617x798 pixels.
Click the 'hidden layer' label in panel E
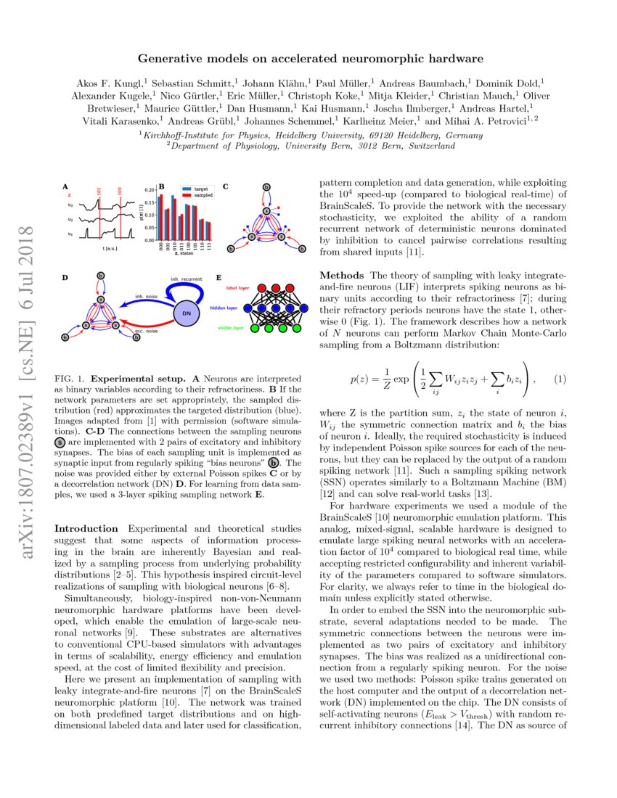pyautogui.click(x=228, y=308)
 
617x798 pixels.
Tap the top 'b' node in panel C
pyautogui.click(x=266, y=187)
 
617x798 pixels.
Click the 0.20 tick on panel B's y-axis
pyautogui.click(x=150, y=189)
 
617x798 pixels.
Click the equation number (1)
pyautogui.click(x=560, y=379)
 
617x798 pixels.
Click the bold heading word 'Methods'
pyautogui.click(x=342, y=276)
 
